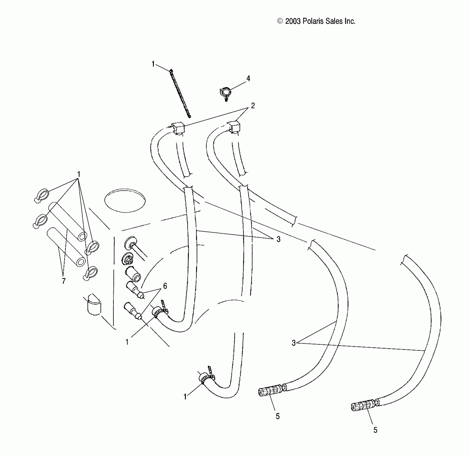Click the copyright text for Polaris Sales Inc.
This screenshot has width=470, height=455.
pos(316,21)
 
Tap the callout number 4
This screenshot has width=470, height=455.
pos(248,78)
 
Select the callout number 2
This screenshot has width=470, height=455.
pos(253,106)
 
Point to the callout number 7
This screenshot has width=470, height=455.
pos(63,281)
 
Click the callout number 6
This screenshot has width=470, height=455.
pos(165,286)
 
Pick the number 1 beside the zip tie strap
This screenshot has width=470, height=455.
pos(153,64)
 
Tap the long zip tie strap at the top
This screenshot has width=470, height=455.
pos(180,94)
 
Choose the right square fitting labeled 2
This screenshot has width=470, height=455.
pos(234,126)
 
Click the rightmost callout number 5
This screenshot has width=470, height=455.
pos(375,430)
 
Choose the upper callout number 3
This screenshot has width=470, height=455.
pos(278,239)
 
